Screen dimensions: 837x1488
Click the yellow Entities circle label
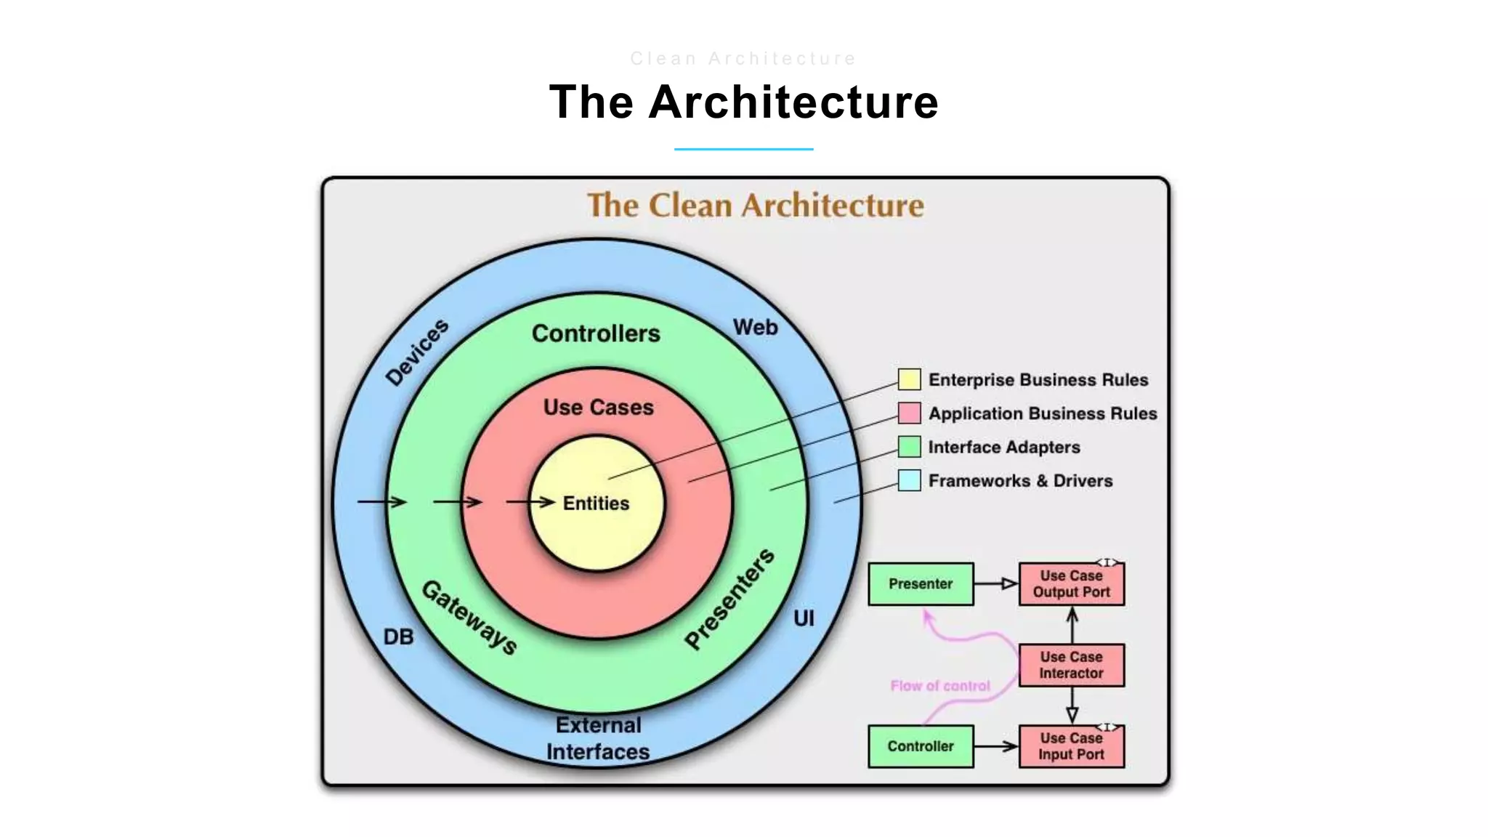coord(596,503)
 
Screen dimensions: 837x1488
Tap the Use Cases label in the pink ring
coord(598,407)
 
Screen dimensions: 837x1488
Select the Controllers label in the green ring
coord(596,333)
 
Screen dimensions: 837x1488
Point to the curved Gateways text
coord(469,618)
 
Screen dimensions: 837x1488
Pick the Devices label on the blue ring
coord(416,352)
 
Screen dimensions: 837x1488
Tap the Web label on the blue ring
coord(755,328)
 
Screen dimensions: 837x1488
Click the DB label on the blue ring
coord(398,637)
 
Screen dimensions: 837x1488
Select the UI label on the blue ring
coord(804,618)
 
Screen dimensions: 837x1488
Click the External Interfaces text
coord(598,738)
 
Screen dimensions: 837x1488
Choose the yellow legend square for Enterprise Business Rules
coord(909,379)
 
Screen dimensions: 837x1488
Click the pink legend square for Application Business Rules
coord(909,413)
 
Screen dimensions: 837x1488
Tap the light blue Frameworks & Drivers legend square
coord(909,480)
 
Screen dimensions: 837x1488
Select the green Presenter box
coord(921,584)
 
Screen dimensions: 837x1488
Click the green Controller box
coord(921,746)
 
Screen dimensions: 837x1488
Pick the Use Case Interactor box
coord(1071,665)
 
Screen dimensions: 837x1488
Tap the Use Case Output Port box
coord(1071,584)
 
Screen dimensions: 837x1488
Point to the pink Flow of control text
coord(939,685)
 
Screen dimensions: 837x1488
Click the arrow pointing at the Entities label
coord(530,502)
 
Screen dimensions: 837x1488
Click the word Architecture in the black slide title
coord(793,102)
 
